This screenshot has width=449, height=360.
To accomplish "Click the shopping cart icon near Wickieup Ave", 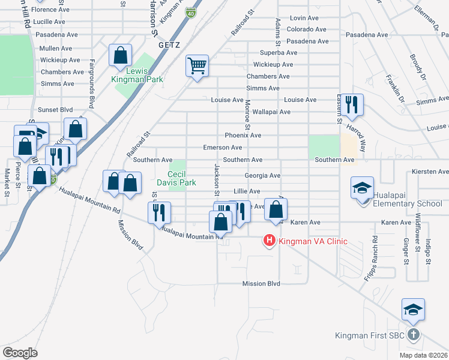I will tap(197, 66).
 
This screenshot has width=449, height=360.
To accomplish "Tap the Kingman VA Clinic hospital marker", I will tap(270, 241).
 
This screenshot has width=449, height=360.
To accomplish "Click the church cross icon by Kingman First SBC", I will tap(414, 335).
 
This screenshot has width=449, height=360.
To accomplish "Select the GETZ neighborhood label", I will tap(169, 45).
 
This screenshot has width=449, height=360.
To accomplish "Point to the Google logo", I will tap(20, 352).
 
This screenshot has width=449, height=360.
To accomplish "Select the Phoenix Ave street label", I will tap(243, 136).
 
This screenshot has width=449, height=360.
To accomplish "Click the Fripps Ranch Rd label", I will tap(375, 246).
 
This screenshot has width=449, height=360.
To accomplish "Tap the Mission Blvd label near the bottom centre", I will tap(261, 284).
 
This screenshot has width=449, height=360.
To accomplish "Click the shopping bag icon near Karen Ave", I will tap(276, 209).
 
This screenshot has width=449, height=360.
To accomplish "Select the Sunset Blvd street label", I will tap(55, 110).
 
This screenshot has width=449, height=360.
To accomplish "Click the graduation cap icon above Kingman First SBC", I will tap(413, 310).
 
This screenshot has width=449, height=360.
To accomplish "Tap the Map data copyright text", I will tap(423, 355).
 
